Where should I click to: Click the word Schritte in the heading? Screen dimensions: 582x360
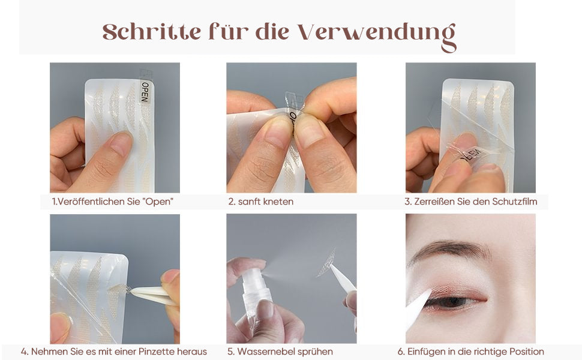[152, 32]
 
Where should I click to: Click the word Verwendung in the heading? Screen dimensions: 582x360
[377, 35]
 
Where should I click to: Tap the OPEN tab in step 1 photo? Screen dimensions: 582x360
[145, 92]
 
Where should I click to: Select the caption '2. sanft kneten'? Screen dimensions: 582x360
[261, 202]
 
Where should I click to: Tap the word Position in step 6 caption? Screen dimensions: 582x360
[527, 352]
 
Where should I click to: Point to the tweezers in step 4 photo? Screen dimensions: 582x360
[152, 294]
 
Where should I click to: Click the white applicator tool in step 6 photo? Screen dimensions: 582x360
[418, 308]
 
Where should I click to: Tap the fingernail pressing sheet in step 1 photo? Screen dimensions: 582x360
[121, 143]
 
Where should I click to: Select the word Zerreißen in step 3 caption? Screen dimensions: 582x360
[432, 202]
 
